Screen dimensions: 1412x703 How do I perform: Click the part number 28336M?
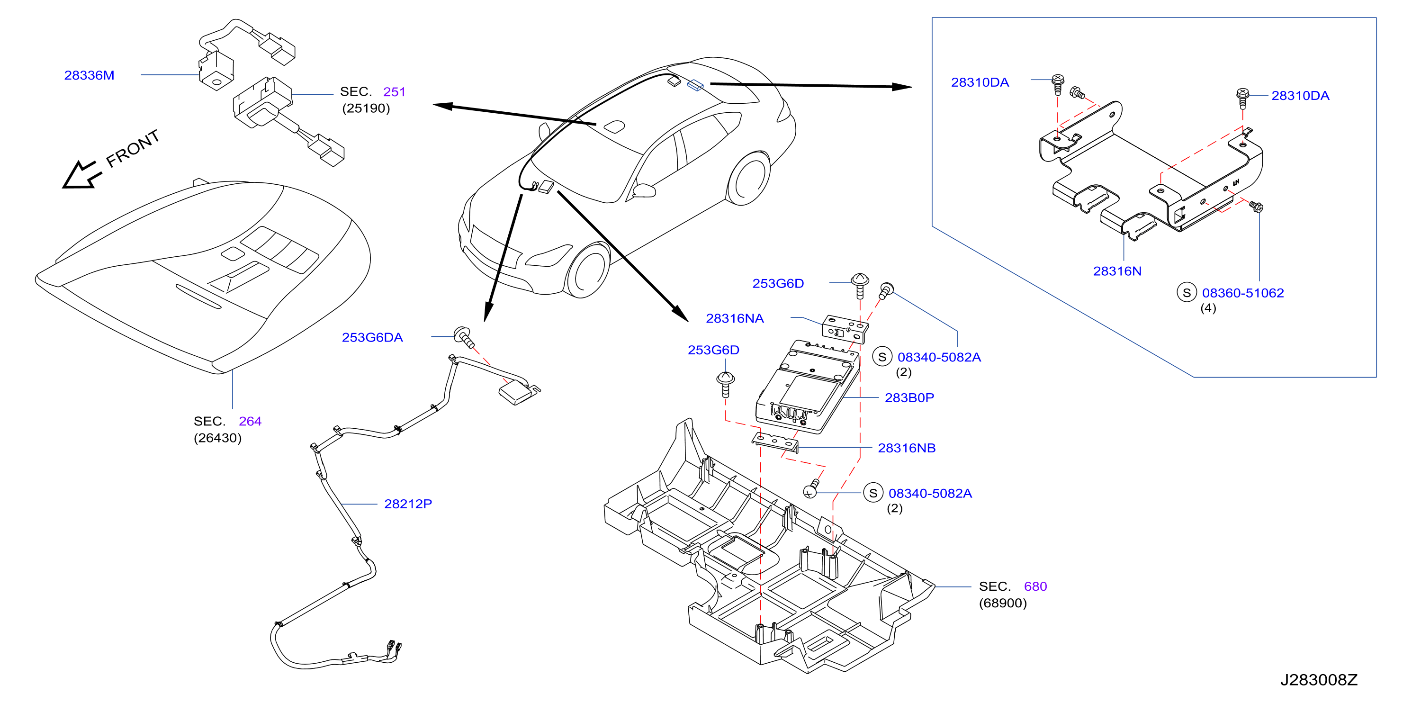(90, 75)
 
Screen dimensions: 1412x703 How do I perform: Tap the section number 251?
(394, 91)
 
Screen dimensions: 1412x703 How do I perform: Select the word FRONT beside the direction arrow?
(133, 149)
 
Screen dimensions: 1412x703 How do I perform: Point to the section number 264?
(250, 421)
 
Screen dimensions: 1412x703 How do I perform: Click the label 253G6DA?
(372, 337)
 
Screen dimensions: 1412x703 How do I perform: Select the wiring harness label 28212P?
(408, 504)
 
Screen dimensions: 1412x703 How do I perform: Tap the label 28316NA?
(735, 318)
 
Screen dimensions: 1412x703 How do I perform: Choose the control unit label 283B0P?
(909, 397)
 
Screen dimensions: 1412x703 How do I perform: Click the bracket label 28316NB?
(907, 448)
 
